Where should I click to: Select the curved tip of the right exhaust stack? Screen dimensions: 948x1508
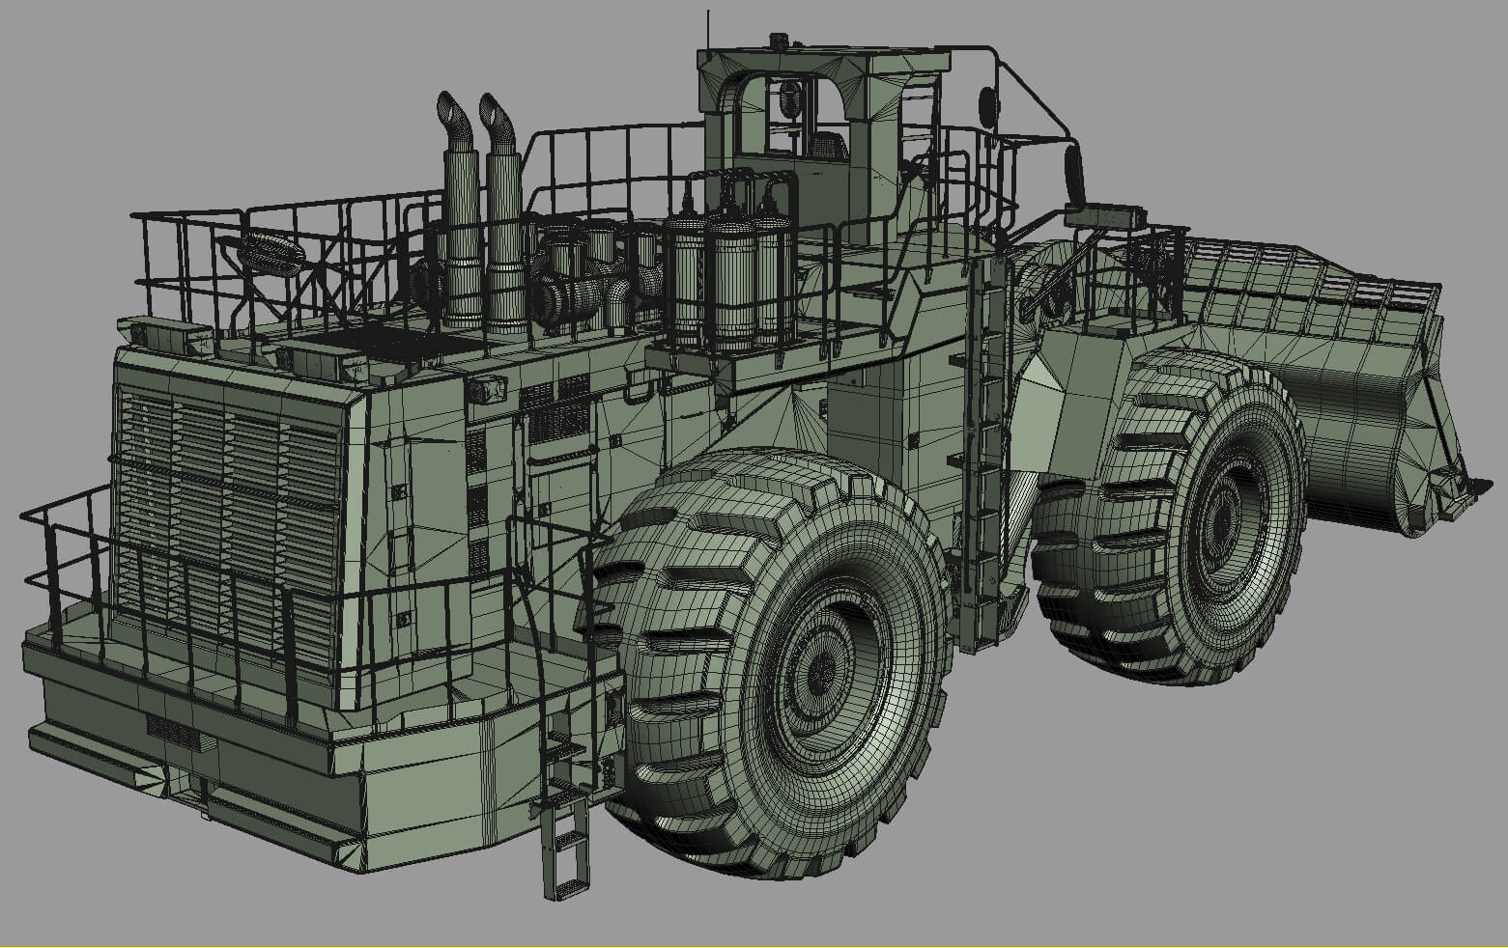pos(495,110)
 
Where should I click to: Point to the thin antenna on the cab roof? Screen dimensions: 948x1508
pos(709,29)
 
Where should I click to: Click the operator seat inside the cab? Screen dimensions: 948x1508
pos(827,147)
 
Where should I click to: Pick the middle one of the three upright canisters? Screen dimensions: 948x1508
pos(731,280)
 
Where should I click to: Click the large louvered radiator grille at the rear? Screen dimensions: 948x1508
pos(226,521)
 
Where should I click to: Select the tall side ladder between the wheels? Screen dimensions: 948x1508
pos(985,454)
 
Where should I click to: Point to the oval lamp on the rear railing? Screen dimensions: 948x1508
pos(271,254)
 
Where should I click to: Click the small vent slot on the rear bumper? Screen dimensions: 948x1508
pos(174,735)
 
